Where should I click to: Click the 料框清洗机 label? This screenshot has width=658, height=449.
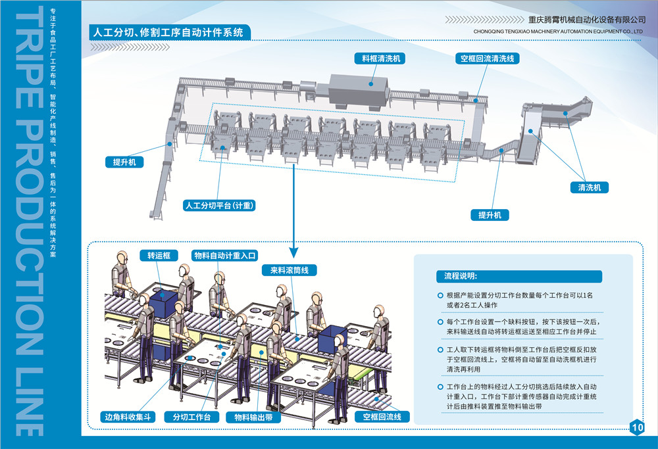[379, 59]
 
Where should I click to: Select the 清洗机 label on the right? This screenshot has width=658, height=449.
[589, 188]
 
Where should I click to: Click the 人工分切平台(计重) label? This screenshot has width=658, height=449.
[219, 205]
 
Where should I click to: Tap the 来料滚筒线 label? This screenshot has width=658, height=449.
[290, 270]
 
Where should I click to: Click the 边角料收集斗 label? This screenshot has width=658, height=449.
[128, 417]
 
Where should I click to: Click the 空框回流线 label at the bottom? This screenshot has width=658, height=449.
[382, 417]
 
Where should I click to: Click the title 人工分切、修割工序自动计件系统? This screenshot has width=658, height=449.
[169, 32]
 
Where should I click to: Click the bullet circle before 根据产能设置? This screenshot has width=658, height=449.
[440, 296]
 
